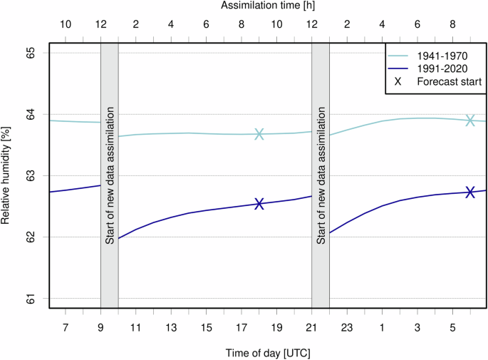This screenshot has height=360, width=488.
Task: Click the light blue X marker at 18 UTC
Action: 259,134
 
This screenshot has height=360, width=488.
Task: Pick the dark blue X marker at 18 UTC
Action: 259,204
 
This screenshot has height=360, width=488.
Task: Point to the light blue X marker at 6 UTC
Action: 470,120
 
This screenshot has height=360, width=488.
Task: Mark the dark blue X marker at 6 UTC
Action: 470,192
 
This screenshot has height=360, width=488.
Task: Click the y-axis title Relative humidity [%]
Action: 7,175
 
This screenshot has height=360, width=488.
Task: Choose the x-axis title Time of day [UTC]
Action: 268,352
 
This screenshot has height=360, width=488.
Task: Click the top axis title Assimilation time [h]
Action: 268,6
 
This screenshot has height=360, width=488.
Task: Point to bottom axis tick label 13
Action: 171,327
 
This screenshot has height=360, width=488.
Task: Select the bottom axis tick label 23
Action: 347,327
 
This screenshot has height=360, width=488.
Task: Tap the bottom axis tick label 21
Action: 312,327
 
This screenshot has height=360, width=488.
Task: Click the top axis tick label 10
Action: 66,24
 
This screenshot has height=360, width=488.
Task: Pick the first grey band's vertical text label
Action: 110,175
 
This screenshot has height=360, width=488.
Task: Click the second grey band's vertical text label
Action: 321,175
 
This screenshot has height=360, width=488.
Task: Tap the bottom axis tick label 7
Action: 66,327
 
